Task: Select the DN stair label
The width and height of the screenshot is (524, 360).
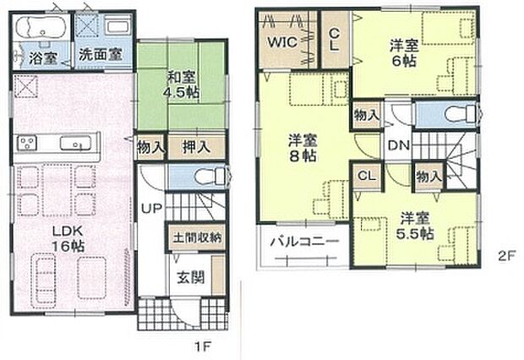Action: click(x=399, y=145)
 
